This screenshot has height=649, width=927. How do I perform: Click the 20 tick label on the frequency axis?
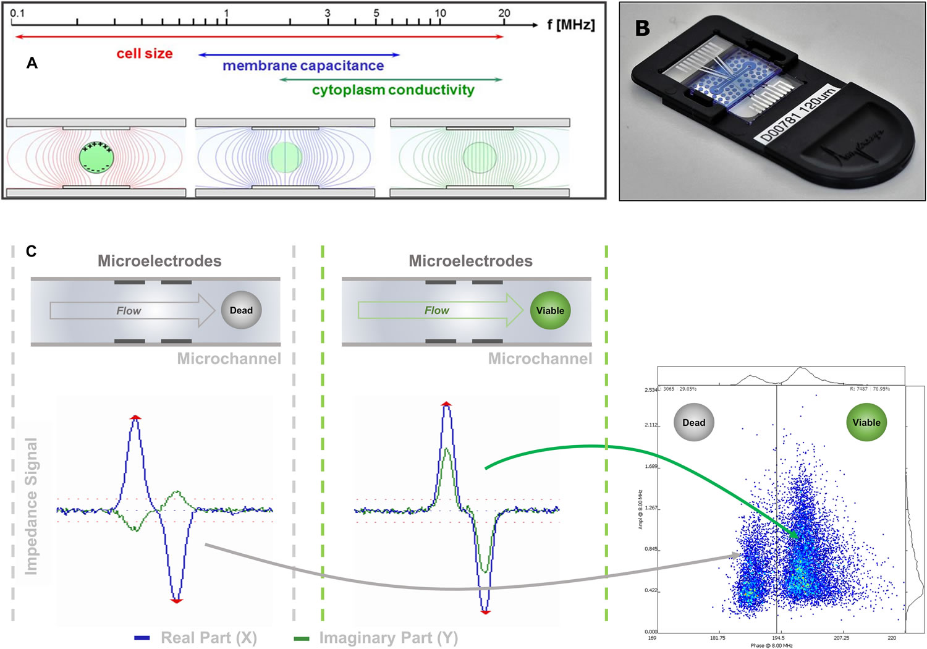(504, 13)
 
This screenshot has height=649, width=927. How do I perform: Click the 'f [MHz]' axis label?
(570, 25)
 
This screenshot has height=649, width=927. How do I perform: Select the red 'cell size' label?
(145, 54)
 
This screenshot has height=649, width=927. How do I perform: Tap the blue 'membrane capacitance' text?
(303, 66)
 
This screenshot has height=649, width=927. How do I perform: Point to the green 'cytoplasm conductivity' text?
(393, 90)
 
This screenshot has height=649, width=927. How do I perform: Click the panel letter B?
(643, 28)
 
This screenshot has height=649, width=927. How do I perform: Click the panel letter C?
(32, 251)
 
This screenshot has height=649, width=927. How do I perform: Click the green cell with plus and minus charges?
(97, 158)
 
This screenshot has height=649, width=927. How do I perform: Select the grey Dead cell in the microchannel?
(241, 310)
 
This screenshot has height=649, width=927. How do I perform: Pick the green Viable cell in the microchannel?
(550, 310)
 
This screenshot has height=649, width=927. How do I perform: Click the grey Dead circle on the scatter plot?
(693, 423)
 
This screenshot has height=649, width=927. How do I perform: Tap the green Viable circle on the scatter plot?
(866, 423)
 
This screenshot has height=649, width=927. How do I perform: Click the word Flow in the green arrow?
(436, 310)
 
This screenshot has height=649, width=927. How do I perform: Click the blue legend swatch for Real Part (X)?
(142, 638)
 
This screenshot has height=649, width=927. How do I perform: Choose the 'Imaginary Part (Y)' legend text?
(388, 638)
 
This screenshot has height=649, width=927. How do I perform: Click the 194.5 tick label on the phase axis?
(778, 637)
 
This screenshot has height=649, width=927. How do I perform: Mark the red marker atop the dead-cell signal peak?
(135, 417)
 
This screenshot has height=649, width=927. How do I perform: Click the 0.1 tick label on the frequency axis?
(17, 13)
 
